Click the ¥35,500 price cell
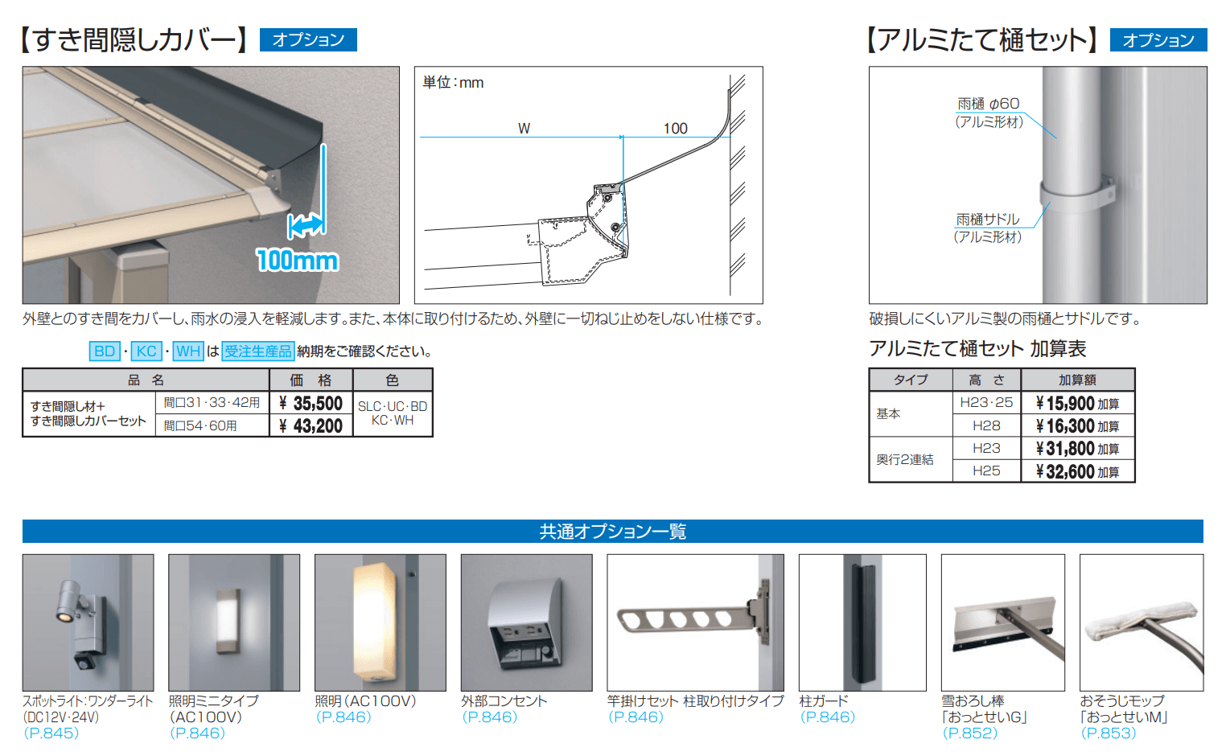(x=311, y=403)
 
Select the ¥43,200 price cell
(x=311, y=425)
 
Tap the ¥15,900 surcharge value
(x=1077, y=403)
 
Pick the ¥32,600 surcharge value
(x=1077, y=471)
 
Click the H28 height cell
(x=986, y=425)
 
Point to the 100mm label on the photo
(x=298, y=260)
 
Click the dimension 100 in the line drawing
(x=675, y=129)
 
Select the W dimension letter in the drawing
(x=524, y=129)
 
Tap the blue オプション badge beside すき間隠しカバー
(x=308, y=39)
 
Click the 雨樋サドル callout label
(x=988, y=220)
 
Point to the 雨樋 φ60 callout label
(x=988, y=104)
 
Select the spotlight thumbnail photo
(x=88, y=622)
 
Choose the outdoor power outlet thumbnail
(x=526, y=622)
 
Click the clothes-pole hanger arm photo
(x=695, y=622)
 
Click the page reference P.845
(x=51, y=733)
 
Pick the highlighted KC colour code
(x=146, y=351)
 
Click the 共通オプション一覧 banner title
(x=612, y=532)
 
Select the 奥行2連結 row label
(x=905, y=459)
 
